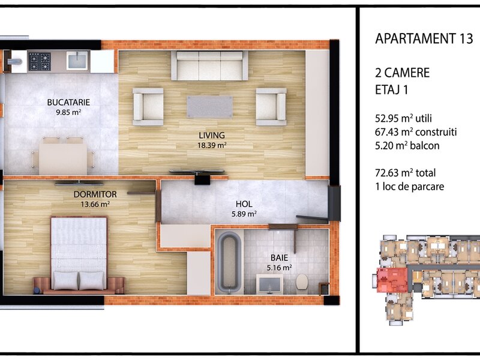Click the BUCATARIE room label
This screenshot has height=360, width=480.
pos(68,102)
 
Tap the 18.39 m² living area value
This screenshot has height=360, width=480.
pos(212,145)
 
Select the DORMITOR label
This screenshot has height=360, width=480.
pos(95,194)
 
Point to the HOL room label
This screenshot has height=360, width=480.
pos(244,204)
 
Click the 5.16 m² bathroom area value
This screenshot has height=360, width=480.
pos(279,268)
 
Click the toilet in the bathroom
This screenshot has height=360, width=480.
pos(302,281)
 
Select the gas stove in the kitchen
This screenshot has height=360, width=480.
pos(40,62)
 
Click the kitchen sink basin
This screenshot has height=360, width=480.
pos(77,61)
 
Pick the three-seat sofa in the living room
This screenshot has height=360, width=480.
pos(209,66)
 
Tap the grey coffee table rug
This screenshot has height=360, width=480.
pos(209,107)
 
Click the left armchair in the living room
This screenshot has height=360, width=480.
pos(148,107)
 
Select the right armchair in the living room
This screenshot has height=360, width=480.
pos(271,107)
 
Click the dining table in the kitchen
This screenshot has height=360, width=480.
pos(63,159)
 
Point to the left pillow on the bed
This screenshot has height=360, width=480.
pos(65,280)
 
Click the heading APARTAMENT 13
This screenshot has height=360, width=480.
pos(424,38)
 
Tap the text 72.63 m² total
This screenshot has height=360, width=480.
pos(406,173)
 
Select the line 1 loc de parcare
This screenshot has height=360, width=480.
pos(410,187)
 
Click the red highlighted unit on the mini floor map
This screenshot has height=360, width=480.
pos(392,280)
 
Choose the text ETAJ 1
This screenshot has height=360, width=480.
pos(392,90)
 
